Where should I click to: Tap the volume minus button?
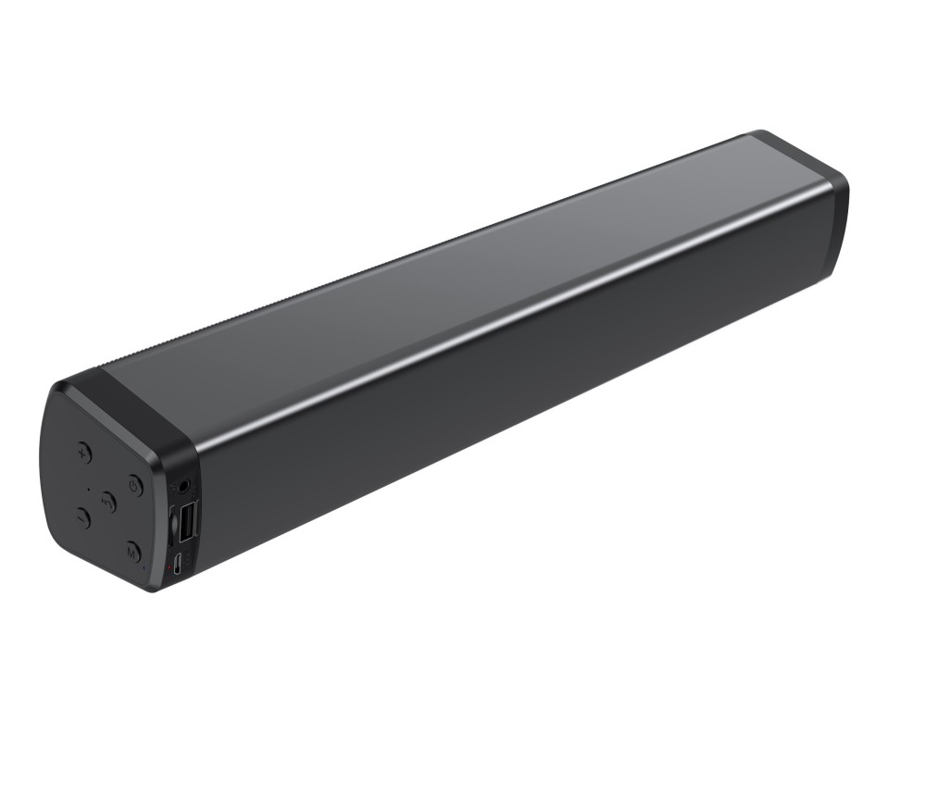click(x=82, y=518)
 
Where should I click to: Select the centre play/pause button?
click(x=108, y=503)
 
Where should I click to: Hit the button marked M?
click(x=132, y=553)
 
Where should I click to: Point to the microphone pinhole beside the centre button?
click(x=89, y=488)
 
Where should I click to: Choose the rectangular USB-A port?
click(x=186, y=520)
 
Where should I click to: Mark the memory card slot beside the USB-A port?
click(x=173, y=525)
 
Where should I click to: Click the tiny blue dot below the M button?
click(x=144, y=567)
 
